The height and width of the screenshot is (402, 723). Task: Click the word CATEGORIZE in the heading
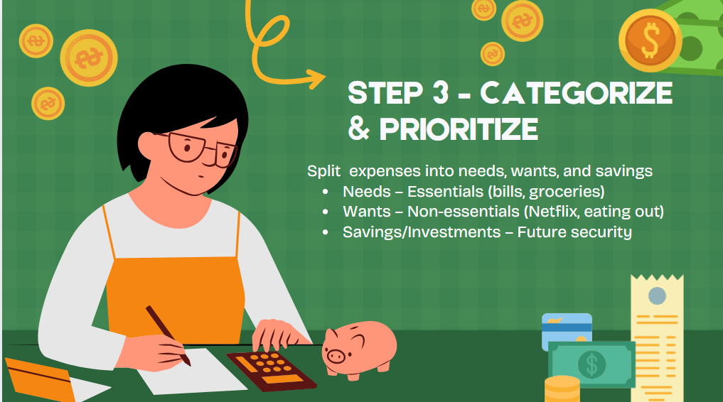tap(577, 92)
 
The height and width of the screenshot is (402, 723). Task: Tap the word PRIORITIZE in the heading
tap(459, 129)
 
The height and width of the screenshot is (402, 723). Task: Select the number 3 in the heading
tap(440, 92)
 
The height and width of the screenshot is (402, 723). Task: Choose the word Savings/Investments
tap(422, 232)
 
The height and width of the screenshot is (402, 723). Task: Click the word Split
tap(323, 171)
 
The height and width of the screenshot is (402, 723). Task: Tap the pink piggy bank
tap(359, 350)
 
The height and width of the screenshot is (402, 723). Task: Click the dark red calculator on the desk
tap(272, 370)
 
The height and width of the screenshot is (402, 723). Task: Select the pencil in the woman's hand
tap(168, 335)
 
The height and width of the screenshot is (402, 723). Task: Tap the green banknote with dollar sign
tap(591, 364)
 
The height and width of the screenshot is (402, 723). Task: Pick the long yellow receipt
tap(657, 339)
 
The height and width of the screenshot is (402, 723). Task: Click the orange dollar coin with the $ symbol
tap(650, 40)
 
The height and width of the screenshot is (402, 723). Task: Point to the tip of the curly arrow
tap(326, 77)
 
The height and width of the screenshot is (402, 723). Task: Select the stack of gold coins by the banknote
tap(562, 389)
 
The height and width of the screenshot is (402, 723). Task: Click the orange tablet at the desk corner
tap(40, 379)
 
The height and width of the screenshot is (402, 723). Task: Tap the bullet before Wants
tap(326, 212)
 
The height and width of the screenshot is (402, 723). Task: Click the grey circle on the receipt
tap(657, 295)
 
